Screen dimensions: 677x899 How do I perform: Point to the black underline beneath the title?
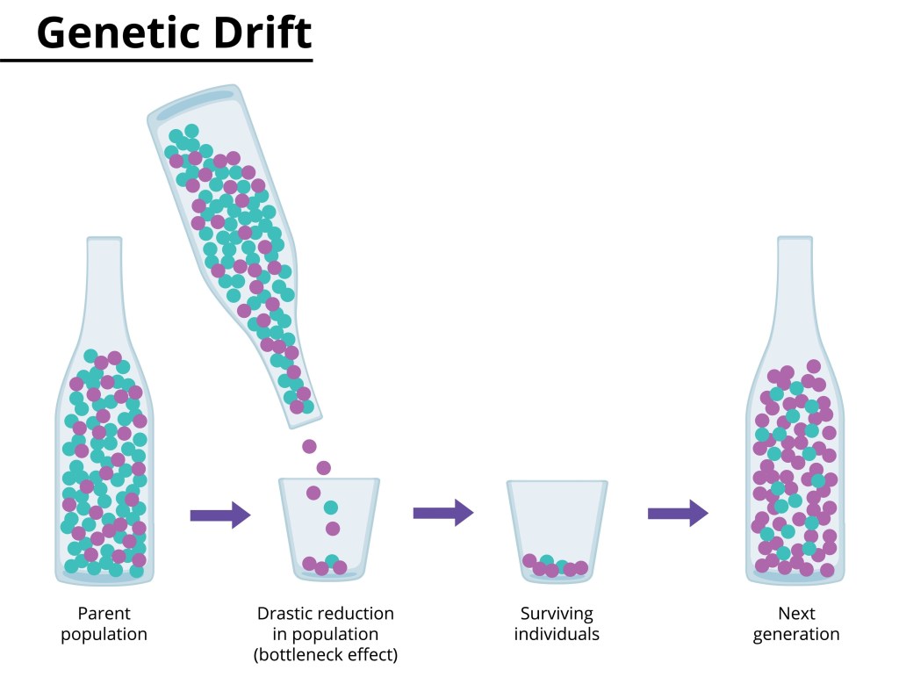(156, 60)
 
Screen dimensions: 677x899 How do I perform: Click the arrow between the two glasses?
(442, 513)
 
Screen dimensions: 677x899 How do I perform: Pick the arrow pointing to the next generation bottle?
(677, 513)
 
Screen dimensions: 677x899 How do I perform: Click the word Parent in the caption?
(104, 614)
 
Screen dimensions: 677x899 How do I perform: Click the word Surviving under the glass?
(557, 614)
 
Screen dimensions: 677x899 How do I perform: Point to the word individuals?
(557, 634)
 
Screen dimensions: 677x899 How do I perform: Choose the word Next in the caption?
(795, 614)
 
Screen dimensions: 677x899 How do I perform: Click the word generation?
(795, 634)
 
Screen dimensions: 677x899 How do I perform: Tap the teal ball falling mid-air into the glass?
(330, 508)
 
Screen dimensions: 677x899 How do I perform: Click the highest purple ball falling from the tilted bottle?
(309, 446)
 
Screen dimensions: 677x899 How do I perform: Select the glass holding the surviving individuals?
(557, 527)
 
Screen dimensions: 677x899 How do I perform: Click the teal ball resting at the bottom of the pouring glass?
(332, 560)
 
